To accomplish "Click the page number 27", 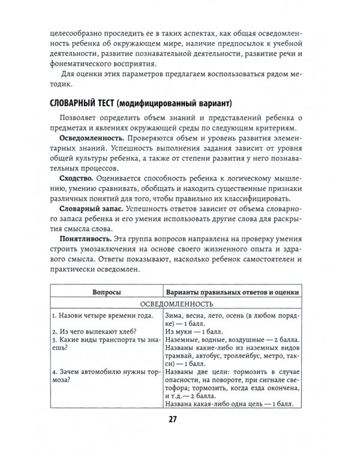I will pyautogui.click(x=179, y=420).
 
